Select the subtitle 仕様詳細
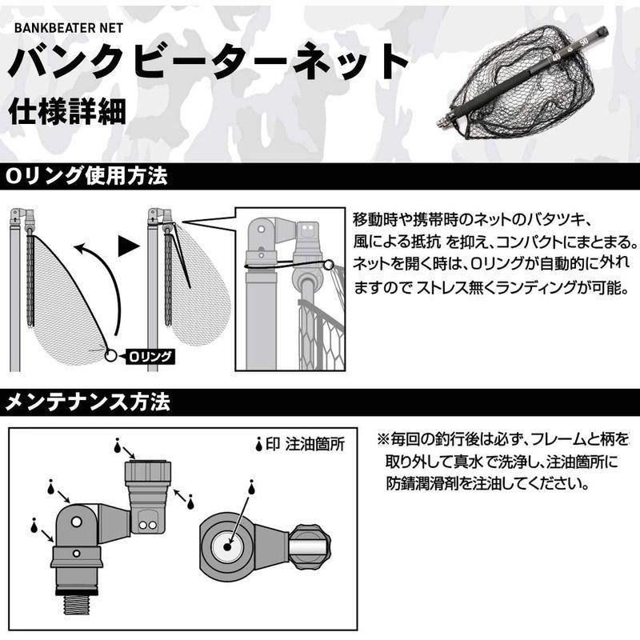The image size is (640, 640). tap(68, 112)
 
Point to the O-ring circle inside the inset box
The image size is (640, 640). tap(328, 263)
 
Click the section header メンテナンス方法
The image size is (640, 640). tap(87, 402)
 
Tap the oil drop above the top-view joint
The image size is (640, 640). tap(250, 488)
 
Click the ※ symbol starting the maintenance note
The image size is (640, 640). tap(382, 442)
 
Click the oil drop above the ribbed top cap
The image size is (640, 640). tap(118, 443)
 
